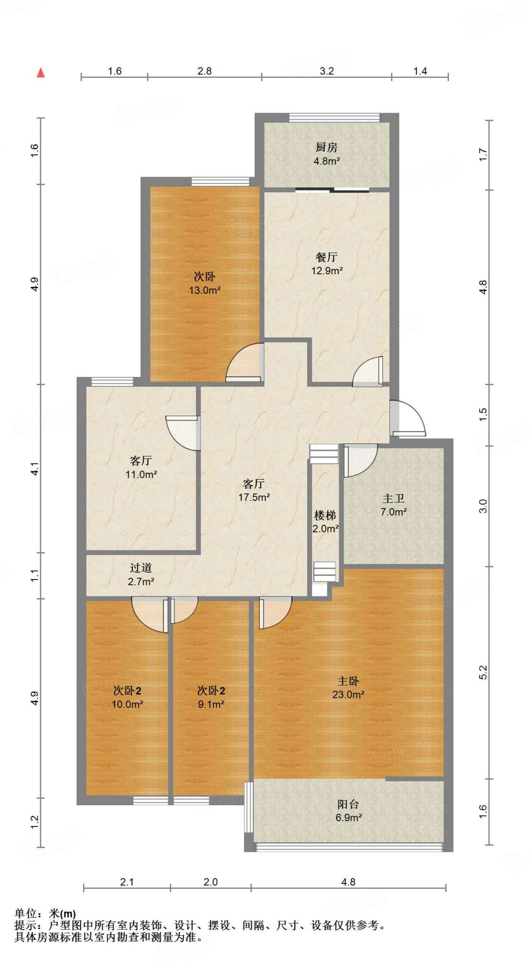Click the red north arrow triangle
coord(41,73)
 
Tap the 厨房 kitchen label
coord(326,147)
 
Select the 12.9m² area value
coord(326,270)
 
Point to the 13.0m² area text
coord(205,290)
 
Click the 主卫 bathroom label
coord(393,499)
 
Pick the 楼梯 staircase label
coord(325,515)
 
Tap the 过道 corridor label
coord(141,568)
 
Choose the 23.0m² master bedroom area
coord(349,694)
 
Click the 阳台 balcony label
coord(349,804)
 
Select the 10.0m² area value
coord(127,704)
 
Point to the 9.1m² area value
coord(211,704)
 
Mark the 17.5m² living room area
coord(254,497)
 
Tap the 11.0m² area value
coord(141,474)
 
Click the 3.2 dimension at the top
coord(326,71)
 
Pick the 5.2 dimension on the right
coord(483,672)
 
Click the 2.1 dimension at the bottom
coord(127,882)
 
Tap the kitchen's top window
coord(334,117)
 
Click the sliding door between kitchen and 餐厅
coord(332,190)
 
